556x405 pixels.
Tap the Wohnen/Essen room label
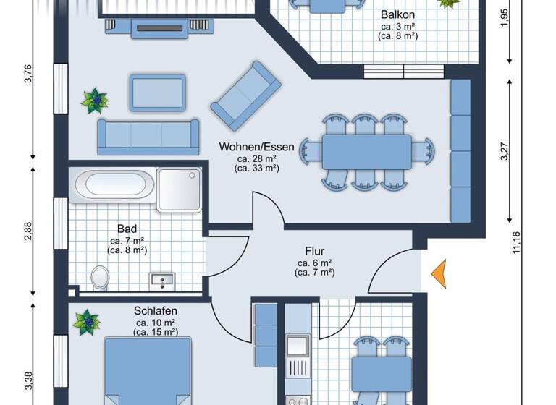pos(257,147)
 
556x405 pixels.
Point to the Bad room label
pos(127,229)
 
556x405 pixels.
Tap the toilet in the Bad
pos(100,278)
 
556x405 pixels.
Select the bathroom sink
pos(163,279)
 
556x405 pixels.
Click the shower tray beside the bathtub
pos(179,189)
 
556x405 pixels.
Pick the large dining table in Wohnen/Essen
pos(366,152)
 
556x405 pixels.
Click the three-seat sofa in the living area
pos(148,135)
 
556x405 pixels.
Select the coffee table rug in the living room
pos(158,92)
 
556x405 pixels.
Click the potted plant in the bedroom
pos(87,320)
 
